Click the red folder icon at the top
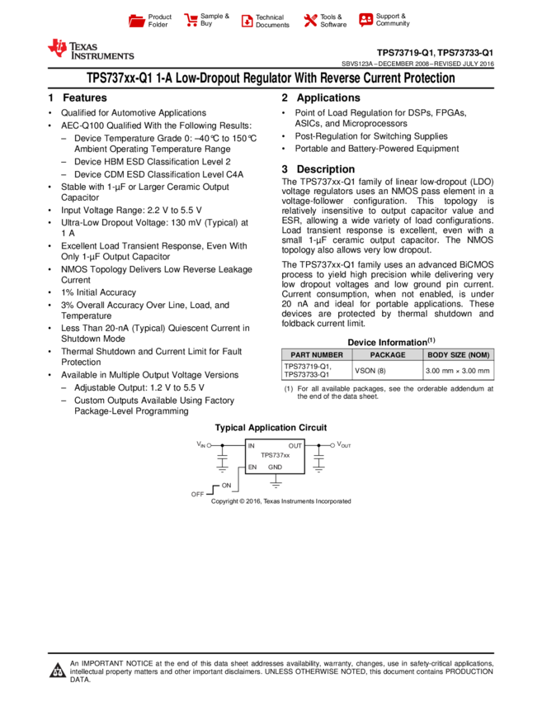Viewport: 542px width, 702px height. (x=137, y=21)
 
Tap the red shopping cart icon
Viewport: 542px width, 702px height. (x=191, y=20)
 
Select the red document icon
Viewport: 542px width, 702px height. (x=247, y=21)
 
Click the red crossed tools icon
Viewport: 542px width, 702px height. (x=310, y=20)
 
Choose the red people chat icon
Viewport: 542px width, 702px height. (x=365, y=19)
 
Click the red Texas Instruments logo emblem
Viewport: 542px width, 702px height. (x=57, y=48)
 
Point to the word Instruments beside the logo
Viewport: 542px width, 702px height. (x=102, y=56)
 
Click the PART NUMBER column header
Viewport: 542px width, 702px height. (x=317, y=355)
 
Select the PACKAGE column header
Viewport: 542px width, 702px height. (x=388, y=355)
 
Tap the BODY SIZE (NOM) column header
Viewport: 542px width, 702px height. (x=459, y=355)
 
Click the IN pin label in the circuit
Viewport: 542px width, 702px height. (x=252, y=446)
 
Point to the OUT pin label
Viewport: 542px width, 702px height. (x=295, y=446)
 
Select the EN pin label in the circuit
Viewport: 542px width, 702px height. (x=252, y=467)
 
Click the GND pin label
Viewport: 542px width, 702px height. (x=275, y=467)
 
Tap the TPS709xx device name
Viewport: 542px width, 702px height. (x=275, y=456)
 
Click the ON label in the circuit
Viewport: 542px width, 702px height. (x=226, y=486)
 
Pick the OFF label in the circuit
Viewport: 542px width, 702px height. (x=198, y=495)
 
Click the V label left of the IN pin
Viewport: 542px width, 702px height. (x=199, y=443)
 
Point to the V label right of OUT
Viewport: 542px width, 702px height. (x=339, y=443)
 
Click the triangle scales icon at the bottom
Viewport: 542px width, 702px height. (x=58, y=671)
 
